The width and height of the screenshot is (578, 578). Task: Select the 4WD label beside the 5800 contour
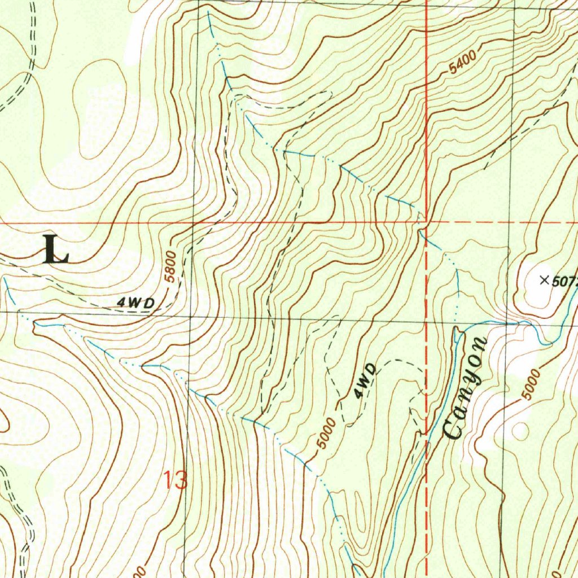[136, 303]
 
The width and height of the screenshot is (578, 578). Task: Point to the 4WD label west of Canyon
[366, 382]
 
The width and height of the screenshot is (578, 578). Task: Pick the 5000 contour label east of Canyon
[532, 384]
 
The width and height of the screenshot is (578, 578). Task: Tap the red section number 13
[175, 480]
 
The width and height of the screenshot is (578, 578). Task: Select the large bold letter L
[56, 250]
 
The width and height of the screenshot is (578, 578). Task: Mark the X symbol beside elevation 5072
[544, 279]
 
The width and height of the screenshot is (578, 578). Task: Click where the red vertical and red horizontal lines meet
[427, 222]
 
